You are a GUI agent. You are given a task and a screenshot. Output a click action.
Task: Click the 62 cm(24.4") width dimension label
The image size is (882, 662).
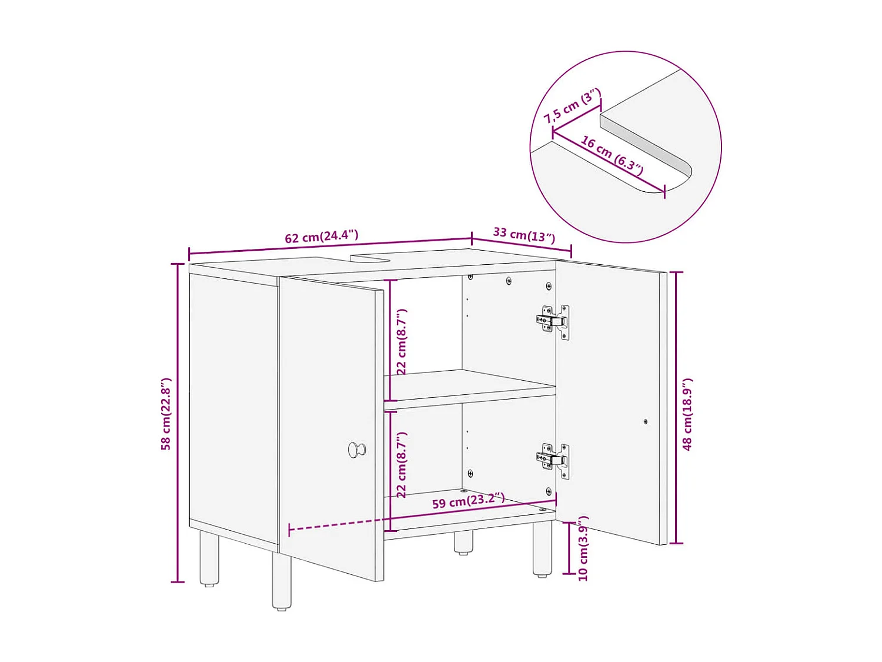322,237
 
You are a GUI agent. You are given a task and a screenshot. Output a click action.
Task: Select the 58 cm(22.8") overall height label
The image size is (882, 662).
166,414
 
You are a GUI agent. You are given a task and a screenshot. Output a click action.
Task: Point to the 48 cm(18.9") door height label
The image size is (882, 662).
688,414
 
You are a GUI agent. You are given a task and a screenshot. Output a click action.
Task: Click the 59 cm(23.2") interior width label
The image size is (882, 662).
468,501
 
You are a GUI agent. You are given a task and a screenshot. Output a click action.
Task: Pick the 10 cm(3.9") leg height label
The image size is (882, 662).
583,548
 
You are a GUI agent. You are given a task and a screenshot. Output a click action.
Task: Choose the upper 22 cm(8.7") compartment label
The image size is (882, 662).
402,342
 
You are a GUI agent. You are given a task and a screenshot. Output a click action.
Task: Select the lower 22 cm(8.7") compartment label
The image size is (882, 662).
402,465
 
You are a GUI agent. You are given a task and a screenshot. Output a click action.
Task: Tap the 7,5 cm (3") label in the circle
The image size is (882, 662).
572,106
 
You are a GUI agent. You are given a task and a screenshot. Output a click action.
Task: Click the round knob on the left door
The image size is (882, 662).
356,450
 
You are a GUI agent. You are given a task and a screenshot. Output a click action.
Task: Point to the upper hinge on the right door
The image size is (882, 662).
553,321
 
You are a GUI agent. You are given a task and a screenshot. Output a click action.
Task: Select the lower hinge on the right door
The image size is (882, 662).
553,460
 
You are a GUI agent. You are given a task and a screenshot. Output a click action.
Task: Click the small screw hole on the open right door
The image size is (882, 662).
646,421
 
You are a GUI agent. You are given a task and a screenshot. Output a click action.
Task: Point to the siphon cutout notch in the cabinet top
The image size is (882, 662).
376,257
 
